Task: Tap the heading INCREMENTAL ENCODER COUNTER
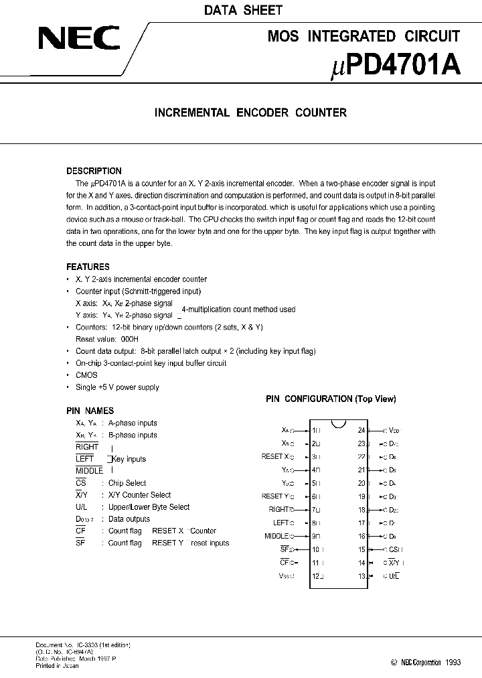coord(250,113)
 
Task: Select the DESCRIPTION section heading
coord(94,171)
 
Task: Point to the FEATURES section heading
coord(88,267)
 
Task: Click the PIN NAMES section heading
coord(90,411)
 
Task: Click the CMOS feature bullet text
coord(86,375)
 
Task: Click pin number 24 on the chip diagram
coord(361,430)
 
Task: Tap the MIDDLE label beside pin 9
coord(277,536)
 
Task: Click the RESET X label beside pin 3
coord(276,456)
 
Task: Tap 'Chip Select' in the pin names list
coord(127,483)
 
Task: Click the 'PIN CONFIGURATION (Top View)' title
coord(331,399)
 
